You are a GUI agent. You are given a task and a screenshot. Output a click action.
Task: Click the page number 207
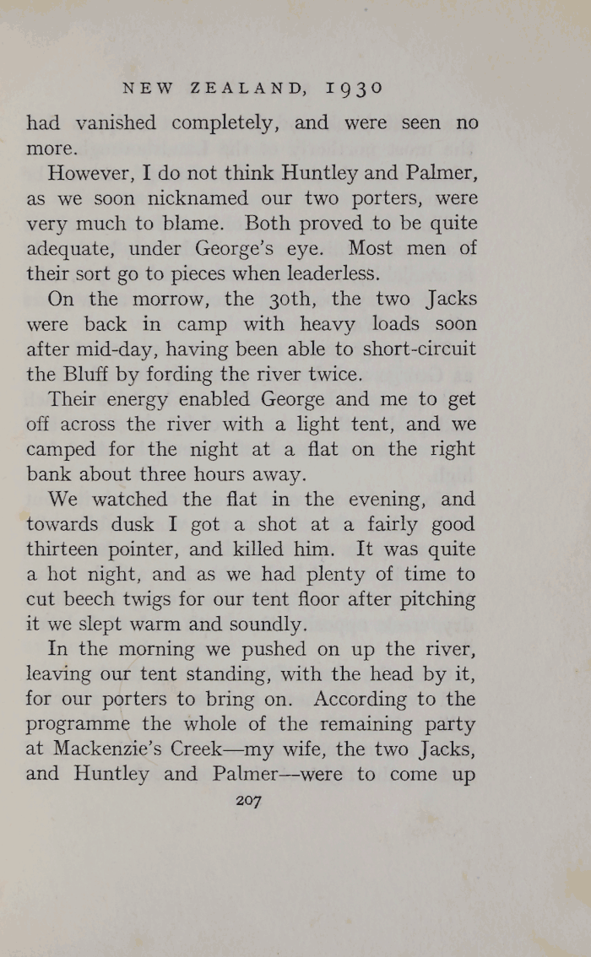[250, 801]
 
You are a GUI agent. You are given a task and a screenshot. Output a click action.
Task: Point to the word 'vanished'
[116, 123]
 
